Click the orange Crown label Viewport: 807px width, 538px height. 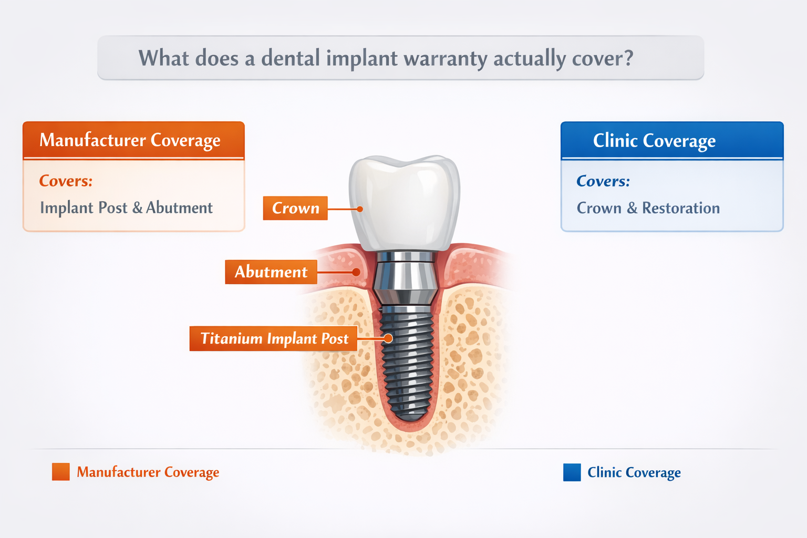coord(295,208)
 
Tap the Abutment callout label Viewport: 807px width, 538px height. coord(271,272)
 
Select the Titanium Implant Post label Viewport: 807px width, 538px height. coord(274,338)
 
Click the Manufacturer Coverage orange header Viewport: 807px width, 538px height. coord(133,140)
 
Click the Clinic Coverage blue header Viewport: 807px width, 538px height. coord(671,141)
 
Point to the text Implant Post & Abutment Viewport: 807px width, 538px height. coord(126,208)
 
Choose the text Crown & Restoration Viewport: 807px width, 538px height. coord(648,208)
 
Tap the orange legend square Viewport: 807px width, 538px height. coord(61,472)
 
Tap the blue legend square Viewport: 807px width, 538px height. coord(572,472)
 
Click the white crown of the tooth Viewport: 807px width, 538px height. coord(405,200)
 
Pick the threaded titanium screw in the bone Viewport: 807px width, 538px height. coord(406,363)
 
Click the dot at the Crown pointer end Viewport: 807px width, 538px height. coord(360,209)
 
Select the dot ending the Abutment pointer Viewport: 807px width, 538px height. coord(356,272)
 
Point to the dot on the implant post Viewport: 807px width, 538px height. coord(388,338)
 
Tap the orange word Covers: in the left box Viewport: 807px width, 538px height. coord(66,181)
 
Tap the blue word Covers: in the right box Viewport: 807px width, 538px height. coord(603,181)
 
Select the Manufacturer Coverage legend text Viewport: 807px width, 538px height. coord(148,472)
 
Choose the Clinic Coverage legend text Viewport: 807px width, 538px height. coord(634,472)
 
